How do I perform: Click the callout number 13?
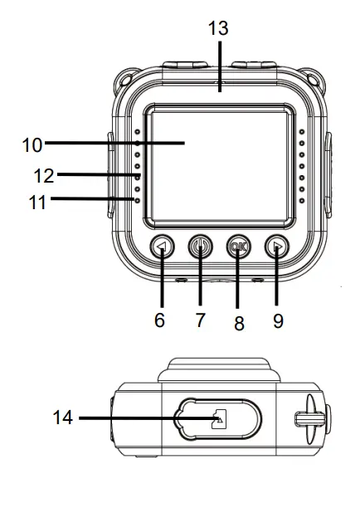coord(218,28)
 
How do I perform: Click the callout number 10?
coord(32,144)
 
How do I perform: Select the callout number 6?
coord(160,320)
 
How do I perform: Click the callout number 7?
coord(201,320)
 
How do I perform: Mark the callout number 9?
coord(278,320)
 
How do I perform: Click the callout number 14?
coord(62,419)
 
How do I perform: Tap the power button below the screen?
coord(200,247)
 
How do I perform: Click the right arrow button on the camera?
coord(276,247)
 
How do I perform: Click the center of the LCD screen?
coord(219,165)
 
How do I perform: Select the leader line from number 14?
coord(141,419)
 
